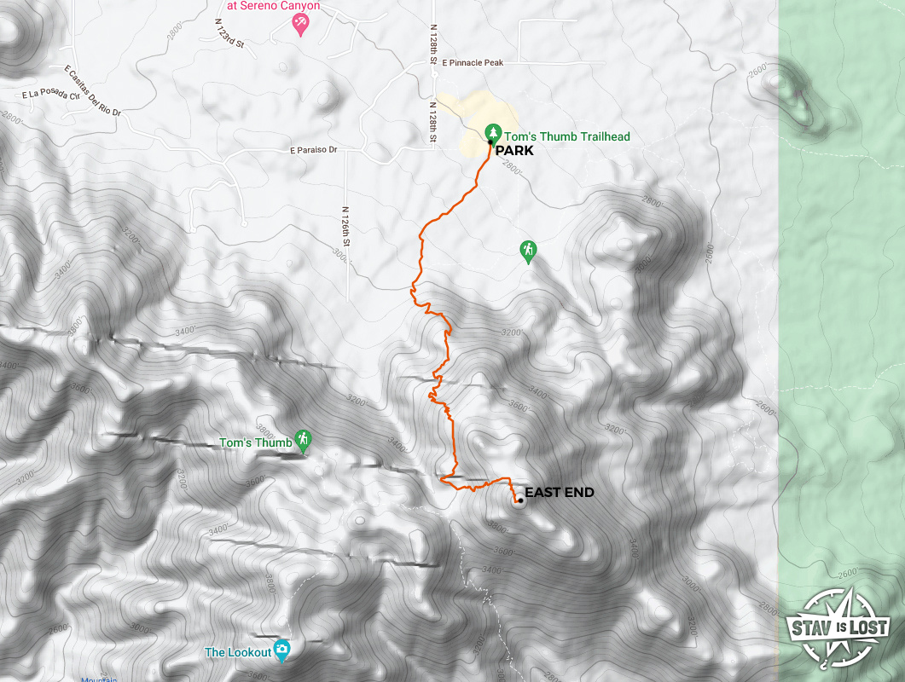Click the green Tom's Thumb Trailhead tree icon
[x=492, y=132]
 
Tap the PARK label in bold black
[x=513, y=150]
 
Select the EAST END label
[x=559, y=493]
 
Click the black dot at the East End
[x=519, y=500]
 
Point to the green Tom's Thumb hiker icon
[x=303, y=440]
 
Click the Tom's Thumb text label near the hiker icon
[x=255, y=443]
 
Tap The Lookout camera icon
[x=282, y=650]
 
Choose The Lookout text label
[x=237, y=653]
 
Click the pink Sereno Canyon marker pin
[x=300, y=25]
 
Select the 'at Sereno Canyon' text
[x=273, y=6]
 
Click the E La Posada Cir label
[x=52, y=95]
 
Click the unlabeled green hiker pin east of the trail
[x=528, y=250]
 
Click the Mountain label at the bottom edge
[x=99, y=679]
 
